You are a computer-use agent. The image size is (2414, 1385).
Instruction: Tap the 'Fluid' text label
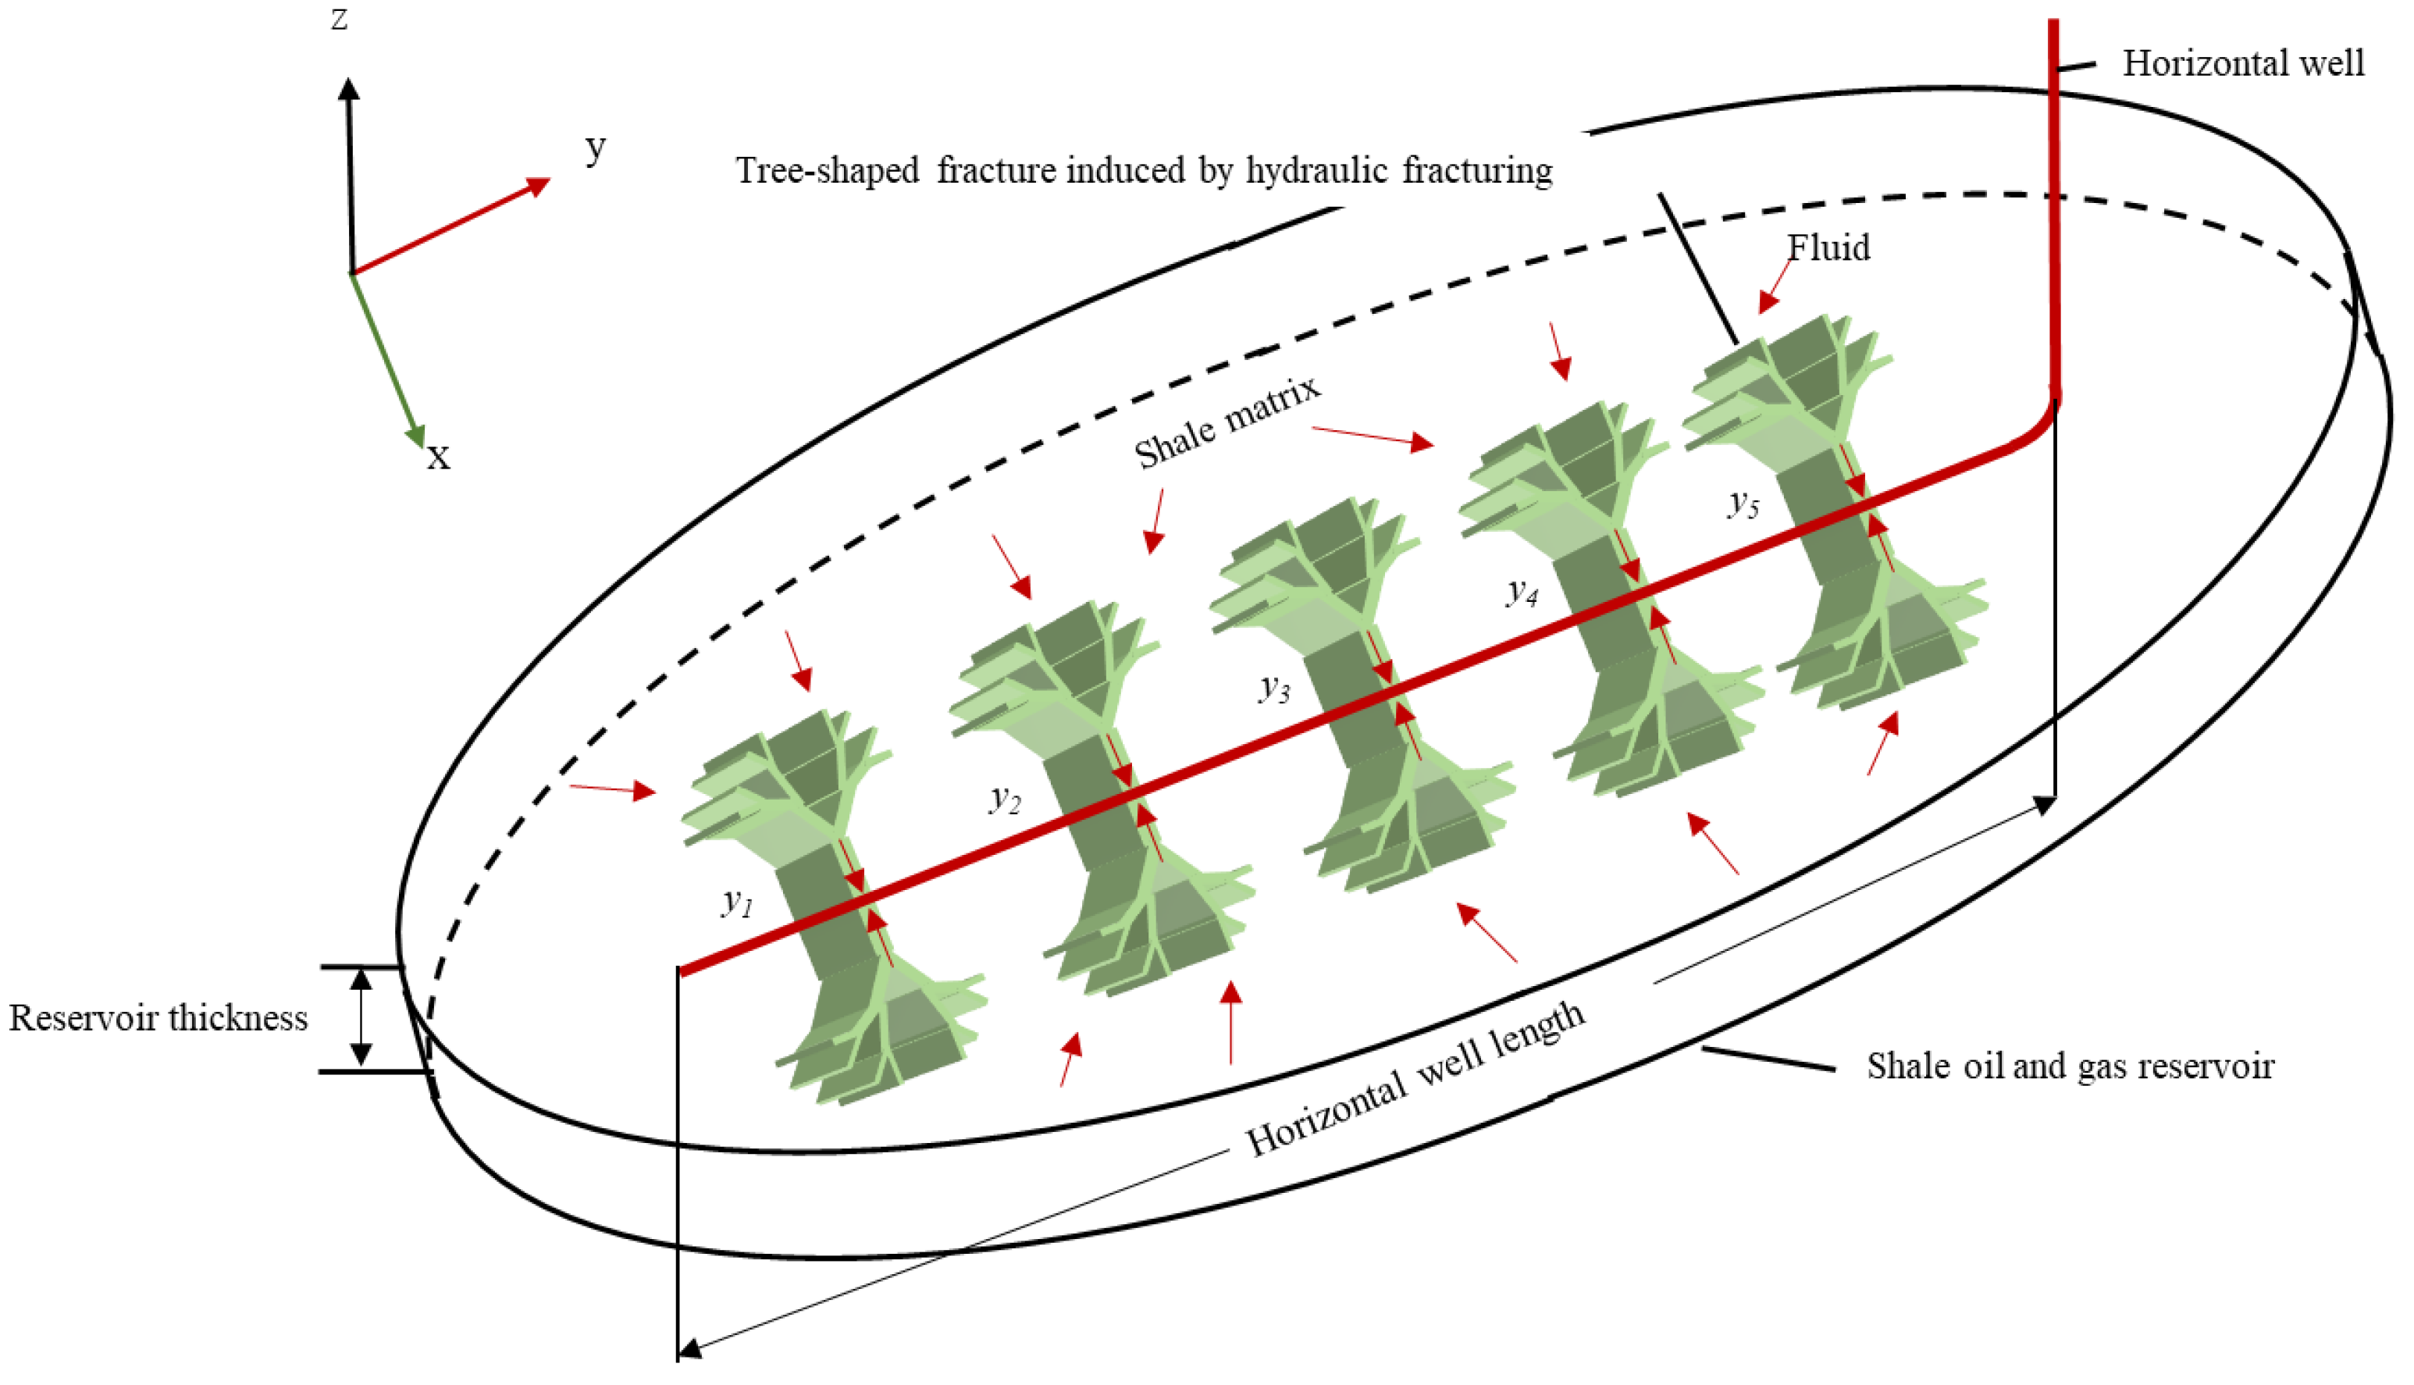[x=1828, y=247]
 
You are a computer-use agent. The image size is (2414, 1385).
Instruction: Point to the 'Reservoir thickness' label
[x=158, y=1018]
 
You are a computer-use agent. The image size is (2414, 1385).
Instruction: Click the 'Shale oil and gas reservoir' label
[x=2070, y=1066]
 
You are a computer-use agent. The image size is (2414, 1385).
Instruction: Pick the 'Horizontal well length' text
[x=1415, y=1081]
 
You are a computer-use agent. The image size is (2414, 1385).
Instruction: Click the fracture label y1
[x=737, y=901]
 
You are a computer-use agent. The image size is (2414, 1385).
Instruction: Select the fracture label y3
[x=1274, y=687]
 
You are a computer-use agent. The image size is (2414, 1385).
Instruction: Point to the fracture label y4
[x=1522, y=592]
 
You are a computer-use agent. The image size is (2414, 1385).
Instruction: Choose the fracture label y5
[x=1743, y=501]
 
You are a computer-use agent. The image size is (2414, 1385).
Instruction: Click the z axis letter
[x=340, y=19]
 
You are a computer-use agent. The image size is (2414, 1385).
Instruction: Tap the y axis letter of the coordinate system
[x=596, y=148]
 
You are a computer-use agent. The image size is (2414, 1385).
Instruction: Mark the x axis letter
[x=437, y=457]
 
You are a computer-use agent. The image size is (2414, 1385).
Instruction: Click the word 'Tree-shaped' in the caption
[x=828, y=170]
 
